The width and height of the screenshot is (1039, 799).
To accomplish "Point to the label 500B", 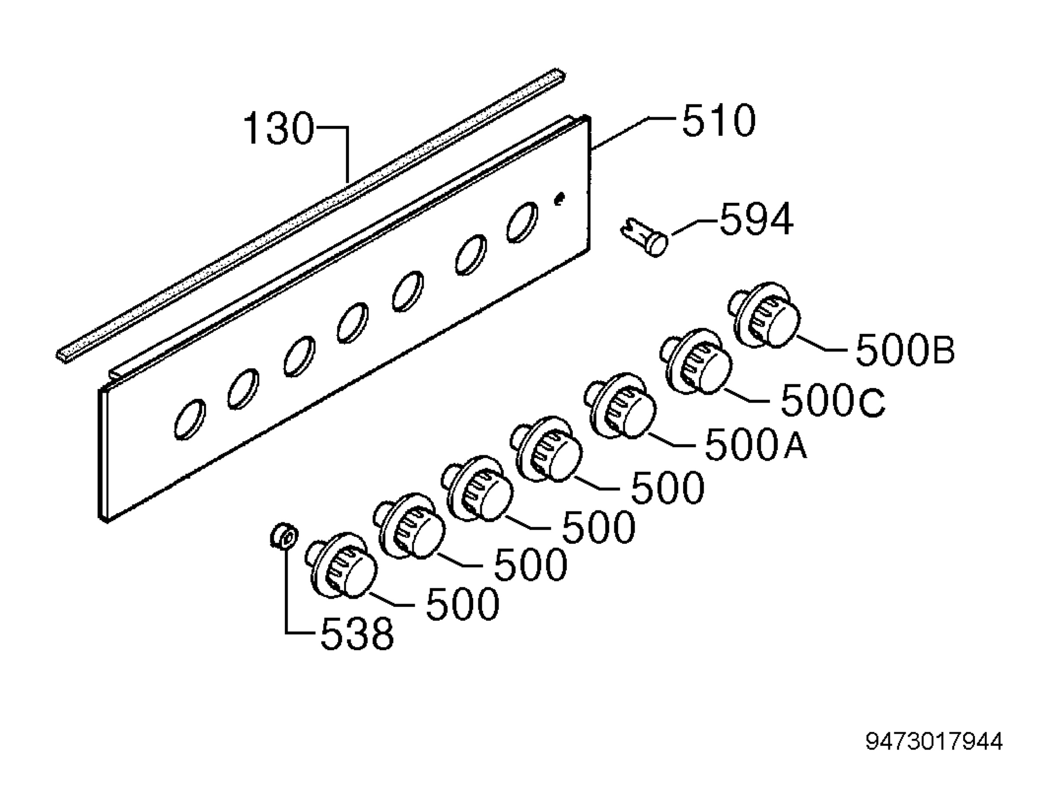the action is pos(905,350).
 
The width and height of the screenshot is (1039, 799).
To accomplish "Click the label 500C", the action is pos(833,401).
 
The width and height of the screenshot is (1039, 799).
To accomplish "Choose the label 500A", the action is pos(755,444).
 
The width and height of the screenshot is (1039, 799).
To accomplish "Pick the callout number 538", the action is pos(357,634).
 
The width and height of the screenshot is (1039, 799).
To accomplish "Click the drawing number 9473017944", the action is pos(934,741).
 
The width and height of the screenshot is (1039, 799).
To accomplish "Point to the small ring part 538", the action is pos(284,536).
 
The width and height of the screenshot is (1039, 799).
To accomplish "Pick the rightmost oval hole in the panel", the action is pos(523,222).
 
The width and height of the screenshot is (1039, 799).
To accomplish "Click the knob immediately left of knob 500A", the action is pos(546,449).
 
